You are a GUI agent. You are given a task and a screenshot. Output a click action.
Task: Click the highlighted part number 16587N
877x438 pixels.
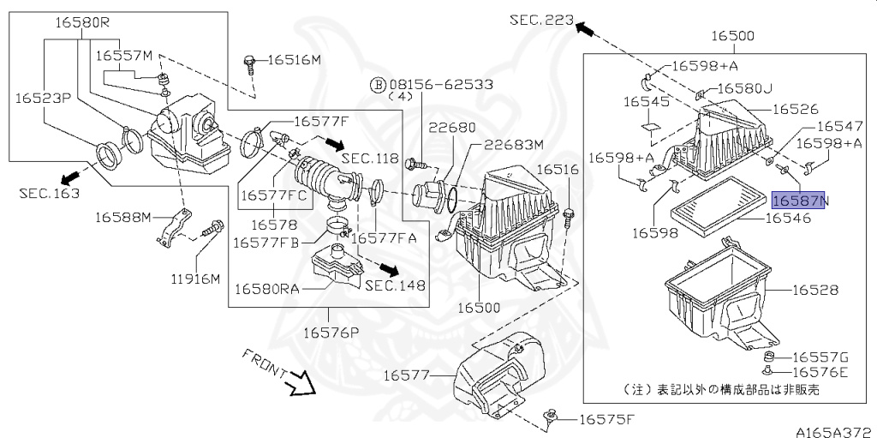[x=800, y=201]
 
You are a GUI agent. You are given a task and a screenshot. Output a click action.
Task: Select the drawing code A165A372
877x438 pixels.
[x=830, y=431]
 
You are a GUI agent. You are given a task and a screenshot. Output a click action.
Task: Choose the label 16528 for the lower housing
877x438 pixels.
[x=814, y=291]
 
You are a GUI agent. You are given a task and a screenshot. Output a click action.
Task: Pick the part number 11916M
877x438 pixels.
[x=194, y=279]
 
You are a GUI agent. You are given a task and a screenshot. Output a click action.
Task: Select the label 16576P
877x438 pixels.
[x=327, y=331]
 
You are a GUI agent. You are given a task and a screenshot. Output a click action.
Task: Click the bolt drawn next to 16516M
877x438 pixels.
[x=249, y=61]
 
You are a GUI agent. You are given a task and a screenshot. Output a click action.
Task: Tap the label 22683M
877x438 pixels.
[x=512, y=144]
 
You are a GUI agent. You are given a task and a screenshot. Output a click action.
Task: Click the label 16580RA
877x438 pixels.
[x=266, y=289]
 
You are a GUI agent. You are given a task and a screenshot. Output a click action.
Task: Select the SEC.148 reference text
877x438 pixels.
[x=395, y=285]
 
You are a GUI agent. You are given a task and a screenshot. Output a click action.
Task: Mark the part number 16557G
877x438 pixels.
[x=820, y=357]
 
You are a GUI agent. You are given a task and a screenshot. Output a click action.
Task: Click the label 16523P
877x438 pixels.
[x=42, y=99]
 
